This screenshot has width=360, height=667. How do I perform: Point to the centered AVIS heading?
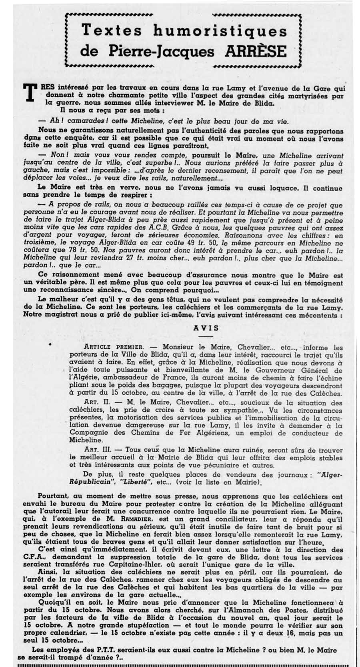(206, 328)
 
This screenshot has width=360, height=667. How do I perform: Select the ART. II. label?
(95, 403)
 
